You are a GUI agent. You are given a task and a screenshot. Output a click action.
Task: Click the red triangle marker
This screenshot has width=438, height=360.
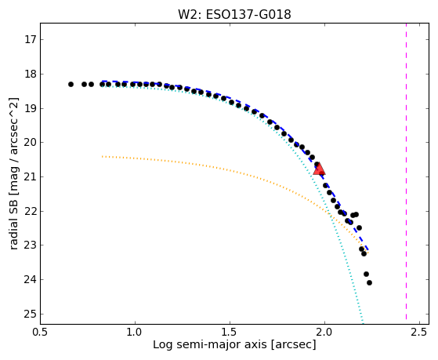coord(319,169)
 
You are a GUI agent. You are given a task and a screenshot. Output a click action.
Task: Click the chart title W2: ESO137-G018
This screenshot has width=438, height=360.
coord(234,14)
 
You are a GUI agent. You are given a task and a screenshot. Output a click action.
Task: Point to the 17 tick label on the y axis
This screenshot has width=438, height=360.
coord(31,39)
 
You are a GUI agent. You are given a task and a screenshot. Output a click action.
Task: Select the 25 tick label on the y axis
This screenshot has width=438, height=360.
coord(31,315)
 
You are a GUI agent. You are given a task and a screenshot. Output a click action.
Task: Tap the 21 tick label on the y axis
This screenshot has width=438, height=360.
coord(31,176)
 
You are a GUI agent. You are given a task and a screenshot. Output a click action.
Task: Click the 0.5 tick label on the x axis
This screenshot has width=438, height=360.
coord(41,333)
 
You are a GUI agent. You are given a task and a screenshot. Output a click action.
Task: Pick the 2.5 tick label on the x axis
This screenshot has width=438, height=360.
coord(419,333)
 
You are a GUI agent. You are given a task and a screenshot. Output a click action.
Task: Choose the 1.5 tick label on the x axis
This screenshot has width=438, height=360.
coord(230,333)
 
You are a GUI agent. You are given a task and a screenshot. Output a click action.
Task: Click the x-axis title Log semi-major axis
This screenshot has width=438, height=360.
coord(209,345)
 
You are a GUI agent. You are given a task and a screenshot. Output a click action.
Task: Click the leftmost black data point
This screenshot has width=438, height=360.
coord(71,84)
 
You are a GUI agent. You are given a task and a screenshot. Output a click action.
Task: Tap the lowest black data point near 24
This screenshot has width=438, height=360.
coord(369,283)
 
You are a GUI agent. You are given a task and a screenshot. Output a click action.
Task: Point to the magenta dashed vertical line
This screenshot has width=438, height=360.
coord(406,171)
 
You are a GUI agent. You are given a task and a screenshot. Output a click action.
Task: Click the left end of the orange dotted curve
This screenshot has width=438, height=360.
coord(103,156)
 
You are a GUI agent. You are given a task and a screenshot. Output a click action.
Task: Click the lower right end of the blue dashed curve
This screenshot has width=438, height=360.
coord(368,249)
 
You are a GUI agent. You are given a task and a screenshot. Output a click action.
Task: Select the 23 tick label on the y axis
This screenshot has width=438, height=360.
coord(31,245)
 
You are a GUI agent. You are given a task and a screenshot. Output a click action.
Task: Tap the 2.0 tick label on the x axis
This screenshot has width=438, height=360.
coord(324,333)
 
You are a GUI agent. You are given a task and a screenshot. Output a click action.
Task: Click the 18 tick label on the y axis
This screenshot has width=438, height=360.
coord(31,75)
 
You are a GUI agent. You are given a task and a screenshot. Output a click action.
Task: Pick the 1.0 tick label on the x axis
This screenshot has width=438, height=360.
coord(136,333)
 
